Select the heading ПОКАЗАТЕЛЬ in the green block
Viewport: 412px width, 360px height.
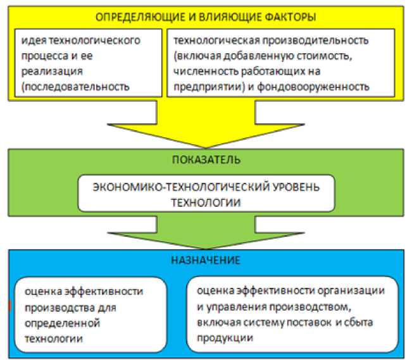[x=205, y=161]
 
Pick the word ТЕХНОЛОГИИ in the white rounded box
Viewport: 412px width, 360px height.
[x=206, y=203]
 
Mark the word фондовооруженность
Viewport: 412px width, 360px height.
[x=330, y=86]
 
